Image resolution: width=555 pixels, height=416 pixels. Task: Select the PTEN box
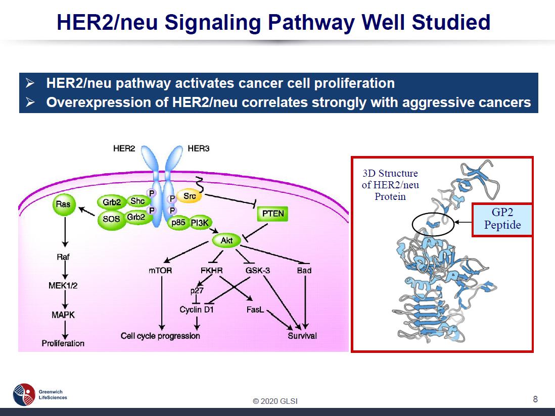click(x=273, y=214)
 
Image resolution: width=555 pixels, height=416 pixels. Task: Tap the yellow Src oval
click(x=190, y=196)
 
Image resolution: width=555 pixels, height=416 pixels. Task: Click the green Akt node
click(x=226, y=240)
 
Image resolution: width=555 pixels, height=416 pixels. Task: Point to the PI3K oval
click(x=200, y=223)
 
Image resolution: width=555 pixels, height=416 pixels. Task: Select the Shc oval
click(x=137, y=201)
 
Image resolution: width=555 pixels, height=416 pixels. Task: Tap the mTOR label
click(x=160, y=271)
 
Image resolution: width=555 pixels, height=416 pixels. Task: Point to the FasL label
click(x=255, y=309)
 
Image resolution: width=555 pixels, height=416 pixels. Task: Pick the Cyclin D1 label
click(x=197, y=309)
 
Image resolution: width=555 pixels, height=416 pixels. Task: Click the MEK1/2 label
click(x=63, y=285)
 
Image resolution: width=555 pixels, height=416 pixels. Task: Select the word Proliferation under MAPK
click(x=63, y=343)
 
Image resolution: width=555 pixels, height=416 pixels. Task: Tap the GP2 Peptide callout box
click(x=502, y=220)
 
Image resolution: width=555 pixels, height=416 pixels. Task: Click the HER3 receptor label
click(x=198, y=149)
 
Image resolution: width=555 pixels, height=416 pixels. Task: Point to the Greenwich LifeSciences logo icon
click(x=24, y=394)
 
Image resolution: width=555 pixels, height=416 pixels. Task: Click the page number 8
click(x=535, y=399)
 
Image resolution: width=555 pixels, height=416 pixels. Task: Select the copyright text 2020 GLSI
click(x=275, y=401)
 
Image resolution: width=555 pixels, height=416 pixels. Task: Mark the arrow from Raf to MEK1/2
click(x=64, y=271)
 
